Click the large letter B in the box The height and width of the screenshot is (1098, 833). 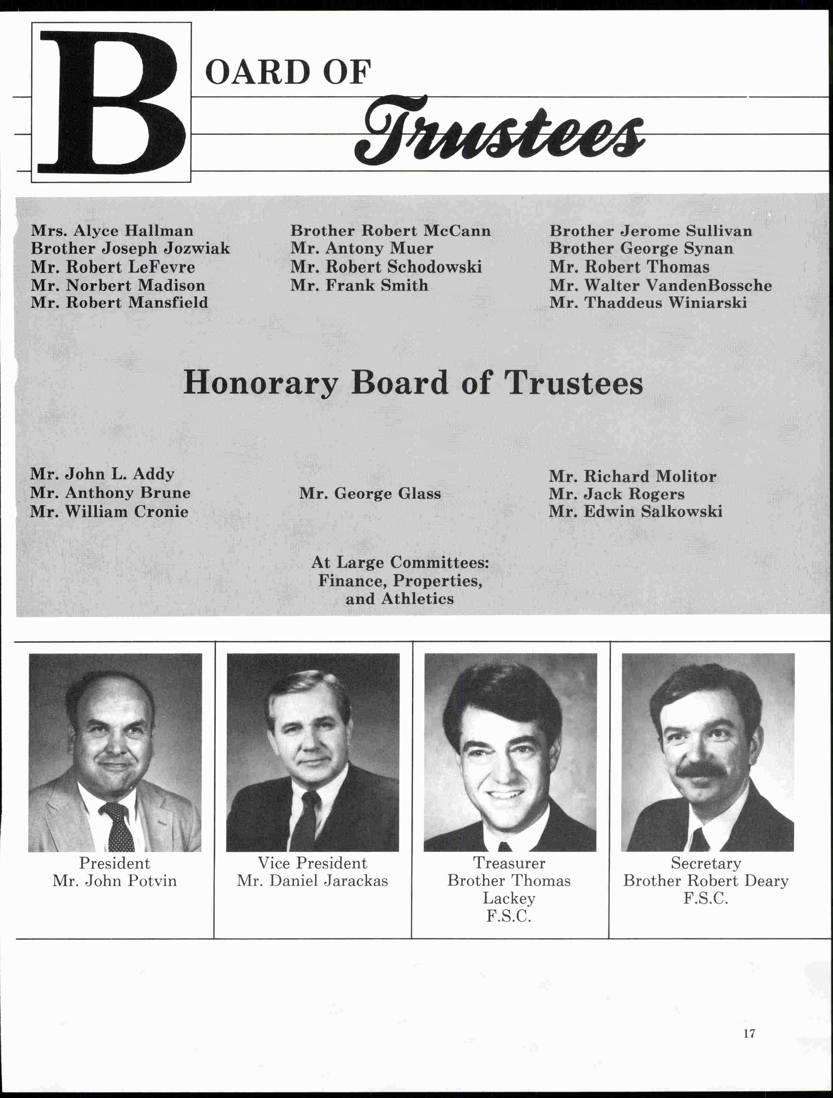pos(112,103)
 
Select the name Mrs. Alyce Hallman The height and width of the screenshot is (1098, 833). pos(112,231)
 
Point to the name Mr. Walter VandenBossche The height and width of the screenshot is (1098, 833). pos(660,286)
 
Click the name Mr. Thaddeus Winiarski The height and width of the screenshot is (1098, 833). pos(648,303)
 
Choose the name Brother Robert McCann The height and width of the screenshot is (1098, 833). pos(390,231)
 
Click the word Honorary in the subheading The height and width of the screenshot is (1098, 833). pos(261,383)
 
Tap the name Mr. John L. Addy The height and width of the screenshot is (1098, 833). pos(102,474)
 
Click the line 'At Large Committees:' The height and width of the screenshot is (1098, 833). pos(400,563)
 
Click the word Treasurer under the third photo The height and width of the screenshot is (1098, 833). pos(509,863)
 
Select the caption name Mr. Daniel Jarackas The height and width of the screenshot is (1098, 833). pos(312,881)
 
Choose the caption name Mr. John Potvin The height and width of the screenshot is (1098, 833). pos(115,881)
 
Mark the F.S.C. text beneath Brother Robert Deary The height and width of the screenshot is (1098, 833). pos(705,898)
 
